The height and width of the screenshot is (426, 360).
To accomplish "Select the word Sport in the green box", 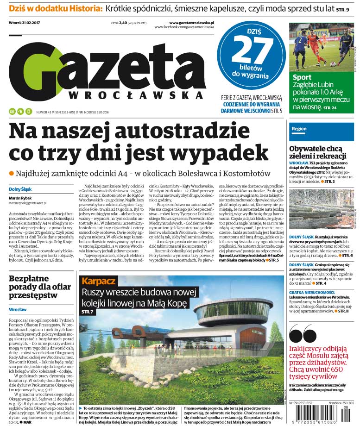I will pyautogui.click(x=302, y=77).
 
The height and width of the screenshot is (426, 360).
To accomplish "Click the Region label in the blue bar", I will pyautogui.click(x=299, y=129).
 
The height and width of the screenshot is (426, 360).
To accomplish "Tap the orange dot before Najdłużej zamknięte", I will pyautogui.click(x=12, y=173).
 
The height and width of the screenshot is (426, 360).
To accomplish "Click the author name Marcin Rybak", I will pyautogui.click(x=19, y=198).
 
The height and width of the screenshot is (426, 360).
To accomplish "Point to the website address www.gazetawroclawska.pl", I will pyautogui.click(x=191, y=22).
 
